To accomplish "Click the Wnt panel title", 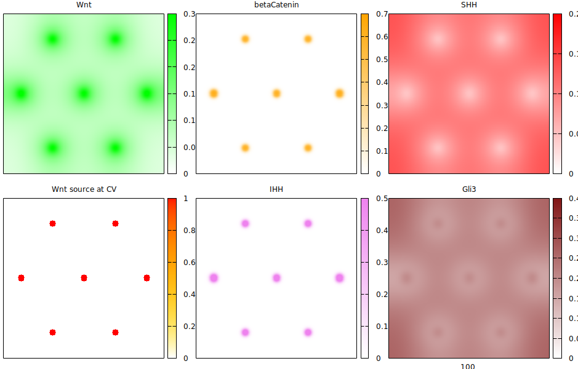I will pyautogui.click(x=84, y=5).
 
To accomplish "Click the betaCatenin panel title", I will pyautogui.click(x=276, y=5).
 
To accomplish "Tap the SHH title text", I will pyautogui.click(x=469, y=5).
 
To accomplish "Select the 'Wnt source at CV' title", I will pyautogui.click(x=84, y=189).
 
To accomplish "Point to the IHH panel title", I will pyautogui.click(x=276, y=189).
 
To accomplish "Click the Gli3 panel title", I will pyautogui.click(x=469, y=189).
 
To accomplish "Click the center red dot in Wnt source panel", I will pyautogui.click(x=84, y=278).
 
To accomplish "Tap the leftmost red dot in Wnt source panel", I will pyautogui.click(x=21, y=278).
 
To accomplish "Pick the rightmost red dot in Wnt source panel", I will pyautogui.click(x=147, y=278).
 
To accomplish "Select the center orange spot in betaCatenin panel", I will pyautogui.click(x=276, y=93).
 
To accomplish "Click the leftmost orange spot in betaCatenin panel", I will pyautogui.click(x=214, y=93).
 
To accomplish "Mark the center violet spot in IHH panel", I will pyautogui.click(x=276, y=278).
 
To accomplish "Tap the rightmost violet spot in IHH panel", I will pyautogui.click(x=339, y=278).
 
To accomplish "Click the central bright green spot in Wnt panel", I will pyautogui.click(x=84, y=93).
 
